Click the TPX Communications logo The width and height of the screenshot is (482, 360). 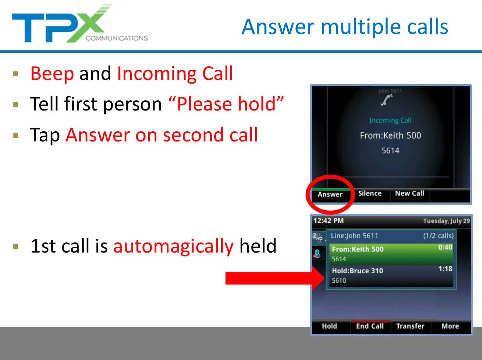[80, 23]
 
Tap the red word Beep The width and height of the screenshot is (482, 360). [52, 74]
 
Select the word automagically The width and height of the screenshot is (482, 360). [173, 246]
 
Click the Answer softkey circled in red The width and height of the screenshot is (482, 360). [330, 194]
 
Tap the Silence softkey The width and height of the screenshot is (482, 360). [370, 193]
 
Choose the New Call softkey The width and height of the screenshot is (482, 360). [409, 193]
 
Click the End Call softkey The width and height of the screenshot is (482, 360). [370, 326]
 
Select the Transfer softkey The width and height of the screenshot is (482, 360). [410, 326]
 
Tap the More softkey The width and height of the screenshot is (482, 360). [450, 326]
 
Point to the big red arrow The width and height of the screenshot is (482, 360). [275, 278]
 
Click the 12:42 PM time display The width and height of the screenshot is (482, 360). [328, 221]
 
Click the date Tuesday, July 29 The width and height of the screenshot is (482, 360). [446, 221]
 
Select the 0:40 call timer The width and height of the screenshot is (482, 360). [445, 248]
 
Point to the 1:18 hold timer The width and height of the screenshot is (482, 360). [445, 269]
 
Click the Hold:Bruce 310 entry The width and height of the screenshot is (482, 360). [357, 271]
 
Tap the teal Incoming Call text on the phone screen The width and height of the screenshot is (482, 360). [390, 121]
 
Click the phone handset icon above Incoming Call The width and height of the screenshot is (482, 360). [387, 100]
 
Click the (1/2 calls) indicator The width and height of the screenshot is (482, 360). [438, 236]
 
